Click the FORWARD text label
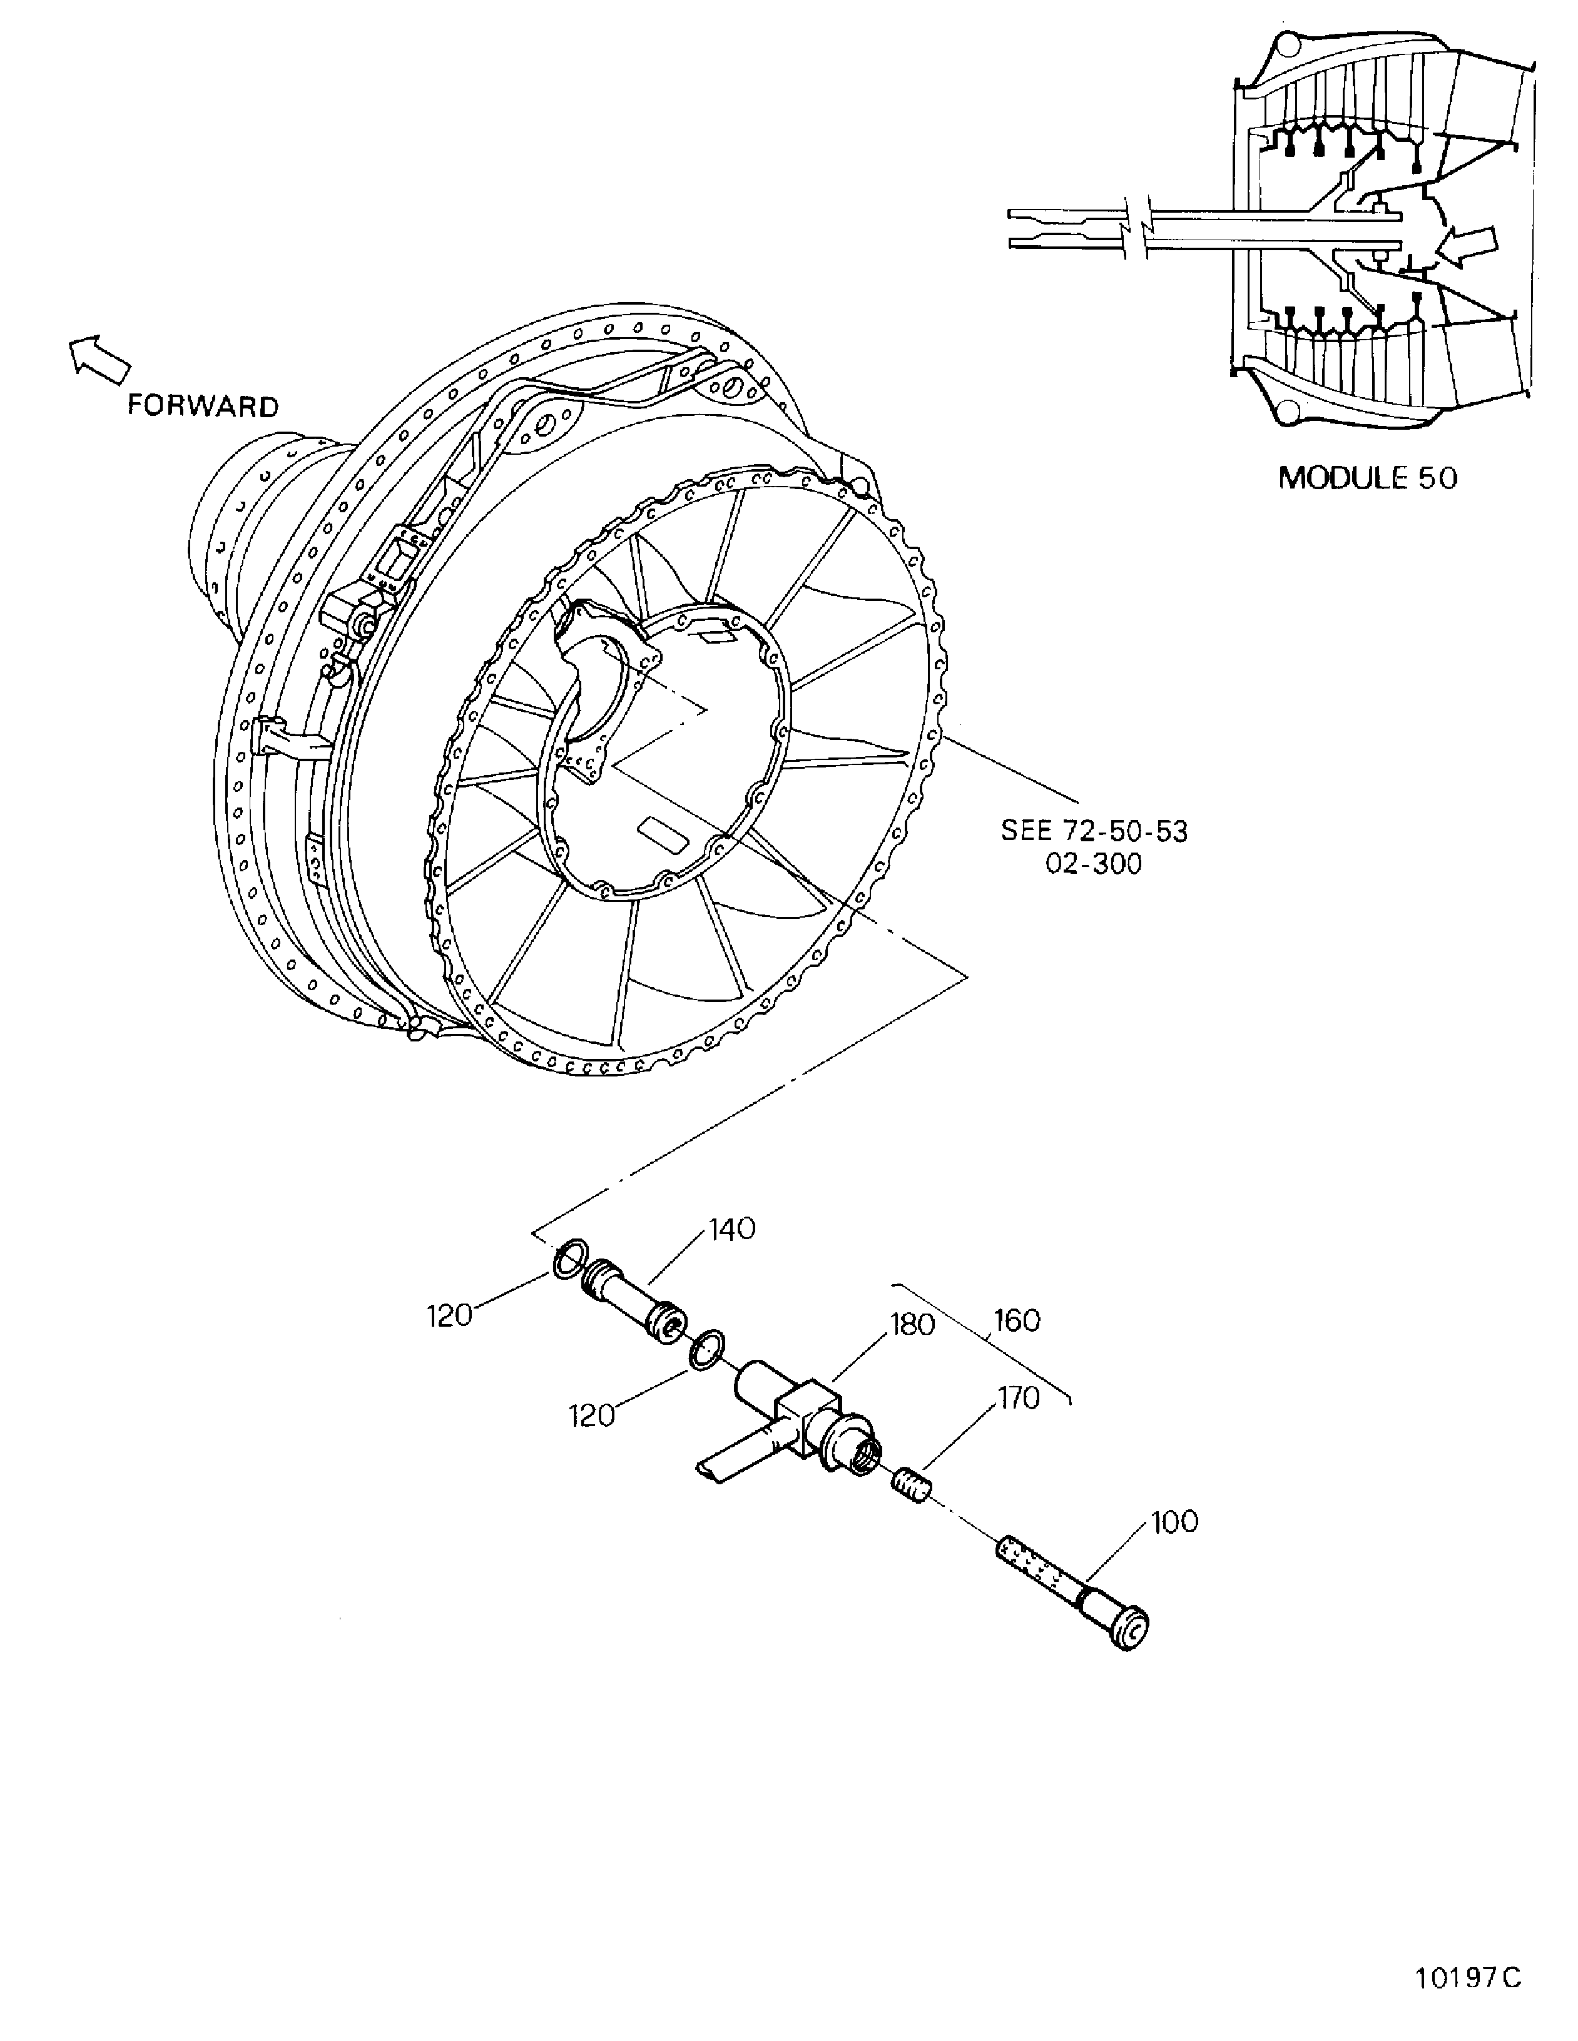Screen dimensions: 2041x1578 (x=203, y=407)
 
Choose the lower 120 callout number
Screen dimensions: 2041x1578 (x=592, y=1416)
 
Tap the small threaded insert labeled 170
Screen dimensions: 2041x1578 (x=910, y=1483)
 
